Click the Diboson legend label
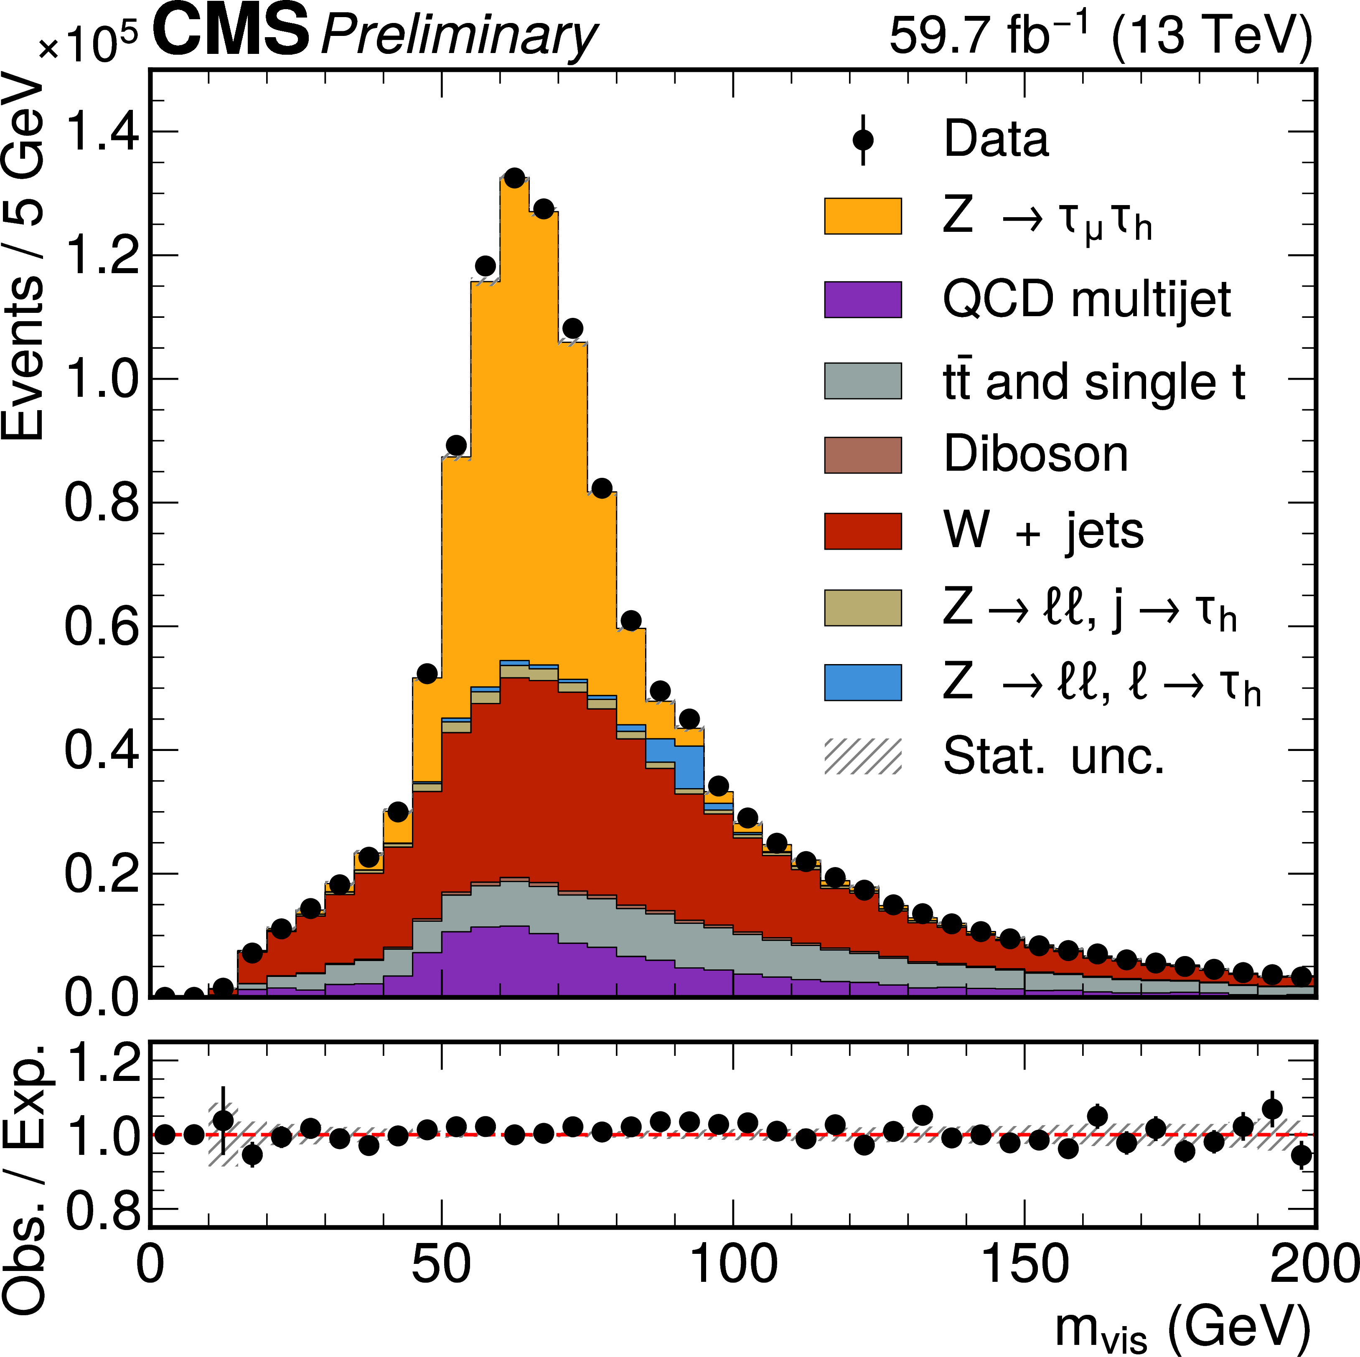(1035, 455)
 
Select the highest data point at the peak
(515, 178)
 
